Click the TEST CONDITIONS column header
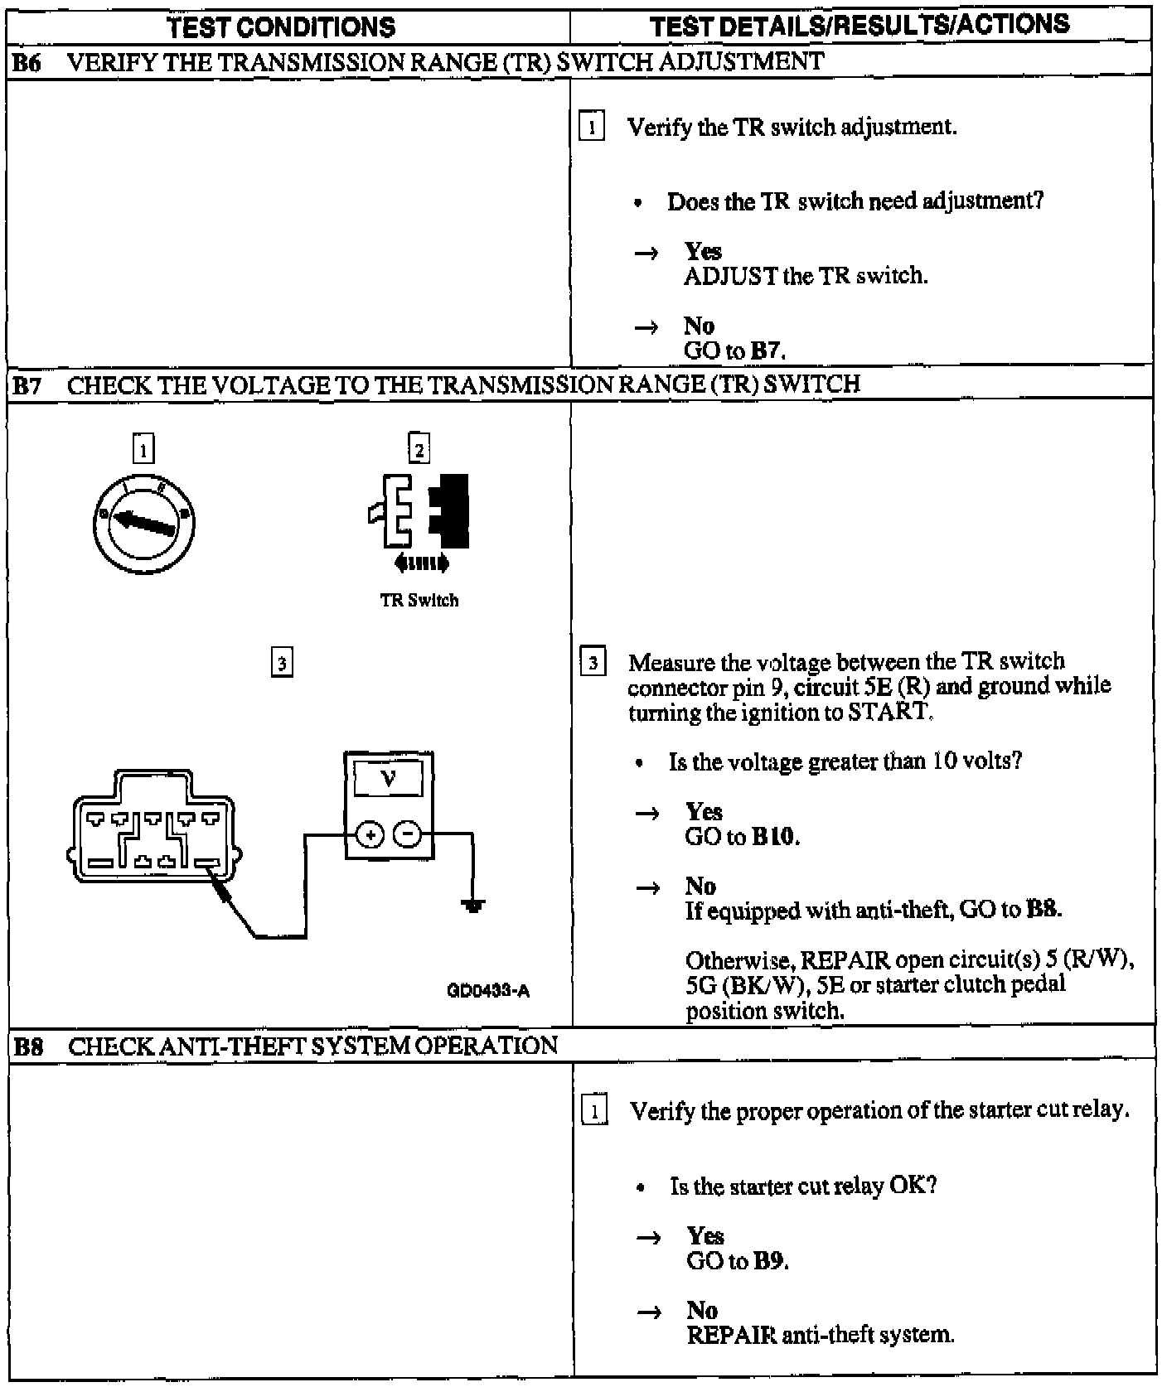click(x=282, y=27)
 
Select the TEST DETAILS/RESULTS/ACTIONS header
click(x=860, y=26)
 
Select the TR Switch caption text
click(x=419, y=600)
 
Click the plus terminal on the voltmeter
click(x=370, y=835)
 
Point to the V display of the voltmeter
click(x=388, y=779)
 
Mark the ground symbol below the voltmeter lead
click(x=473, y=906)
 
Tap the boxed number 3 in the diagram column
click(x=282, y=663)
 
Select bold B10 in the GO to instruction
click(x=774, y=837)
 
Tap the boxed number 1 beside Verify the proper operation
click(x=595, y=1111)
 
